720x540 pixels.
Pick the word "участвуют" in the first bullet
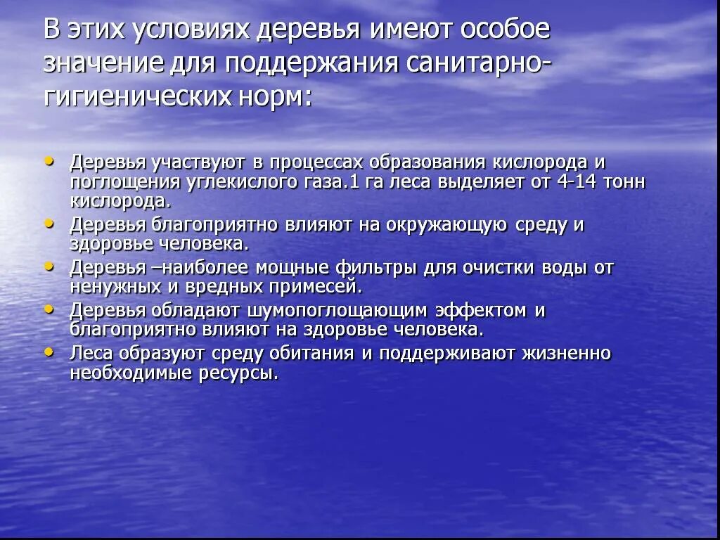(x=196, y=162)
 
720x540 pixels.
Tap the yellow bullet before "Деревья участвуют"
(x=49, y=160)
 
